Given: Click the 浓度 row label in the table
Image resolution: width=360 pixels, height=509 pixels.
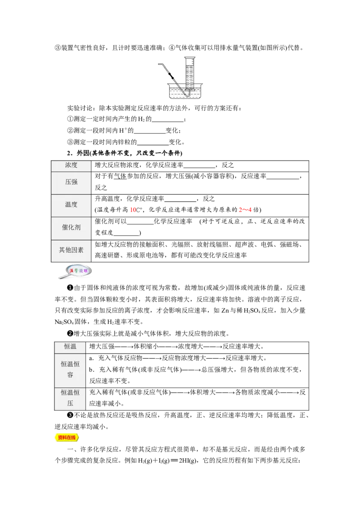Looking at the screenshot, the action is pyautogui.click(x=71, y=165).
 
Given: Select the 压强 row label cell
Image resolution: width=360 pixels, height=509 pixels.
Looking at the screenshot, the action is pyautogui.click(x=71, y=182).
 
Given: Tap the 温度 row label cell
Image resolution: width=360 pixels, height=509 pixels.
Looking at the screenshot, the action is pyautogui.click(x=71, y=205).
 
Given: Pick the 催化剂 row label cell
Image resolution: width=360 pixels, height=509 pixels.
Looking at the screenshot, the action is pyautogui.click(x=71, y=227).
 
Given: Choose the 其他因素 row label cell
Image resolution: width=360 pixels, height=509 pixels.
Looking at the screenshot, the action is pyautogui.click(x=71, y=250).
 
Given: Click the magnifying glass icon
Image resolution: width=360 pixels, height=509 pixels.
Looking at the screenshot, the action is pyautogui.click(x=75, y=272).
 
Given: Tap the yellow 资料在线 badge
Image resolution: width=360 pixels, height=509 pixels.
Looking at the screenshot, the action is pyautogui.click(x=67, y=438).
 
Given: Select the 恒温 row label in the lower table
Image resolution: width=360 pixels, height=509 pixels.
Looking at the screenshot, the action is pyautogui.click(x=70, y=347).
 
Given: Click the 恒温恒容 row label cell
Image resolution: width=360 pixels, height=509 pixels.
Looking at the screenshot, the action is pyautogui.click(x=70, y=370).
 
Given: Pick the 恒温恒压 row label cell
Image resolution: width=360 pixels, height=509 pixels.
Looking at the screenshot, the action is pyautogui.click(x=70, y=397).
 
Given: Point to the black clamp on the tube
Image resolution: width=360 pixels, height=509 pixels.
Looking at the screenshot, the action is pyautogui.click(x=171, y=76).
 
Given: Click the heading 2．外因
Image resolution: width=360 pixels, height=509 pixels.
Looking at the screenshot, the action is pyautogui.click(x=78, y=153).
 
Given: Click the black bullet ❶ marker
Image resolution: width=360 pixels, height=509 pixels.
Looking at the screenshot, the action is pyautogui.click(x=70, y=288).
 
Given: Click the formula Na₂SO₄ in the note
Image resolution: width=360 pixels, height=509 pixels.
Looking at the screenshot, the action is pyautogui.click(x=64, y=322).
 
